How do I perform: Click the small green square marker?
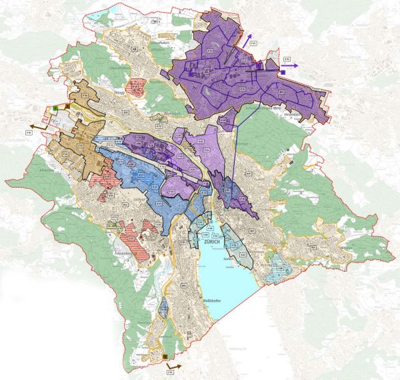[x=56, y=107]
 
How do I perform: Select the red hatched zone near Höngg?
[x=137, y=85]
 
